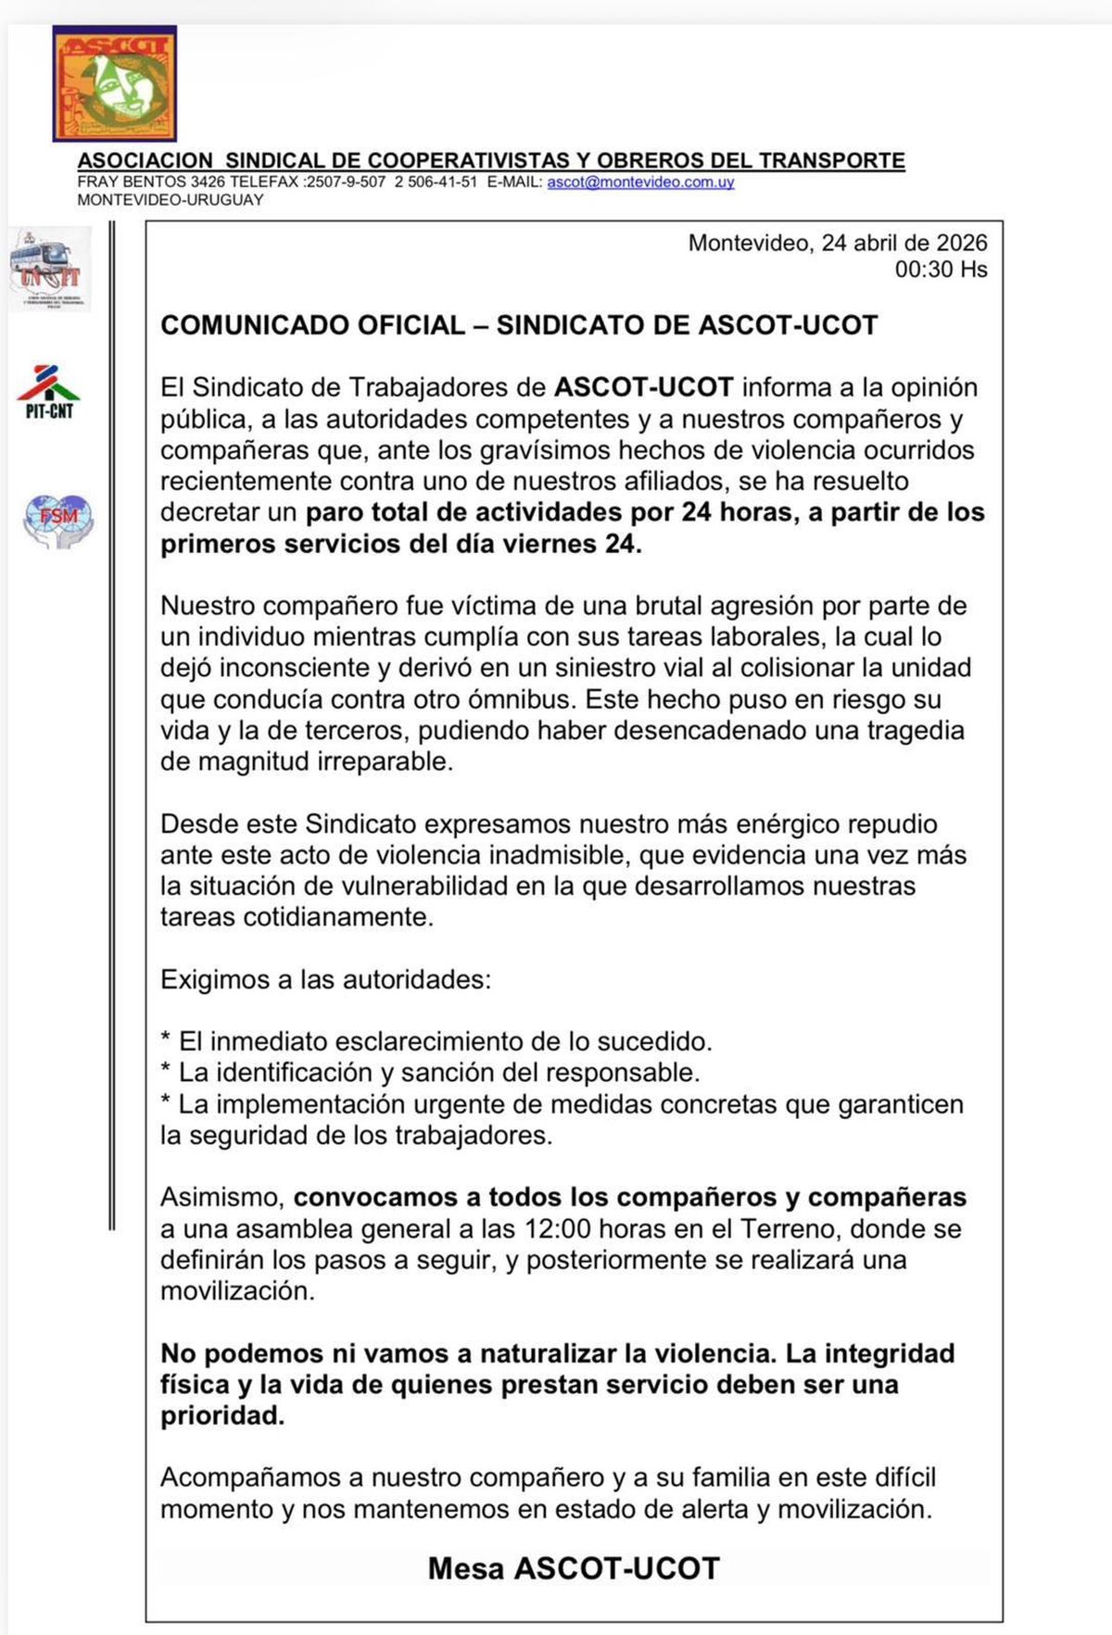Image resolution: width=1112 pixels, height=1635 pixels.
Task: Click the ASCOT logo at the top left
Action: click(x=114, y=83)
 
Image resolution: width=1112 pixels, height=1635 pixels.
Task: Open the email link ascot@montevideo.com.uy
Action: click(x=640, y=182)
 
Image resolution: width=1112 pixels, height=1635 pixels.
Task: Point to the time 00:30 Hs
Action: click(x=941, y=270)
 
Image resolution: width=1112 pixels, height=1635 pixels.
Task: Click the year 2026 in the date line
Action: click(x=962, y=243)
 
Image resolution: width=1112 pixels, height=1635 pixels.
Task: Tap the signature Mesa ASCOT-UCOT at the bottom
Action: click(x=574, y=1568)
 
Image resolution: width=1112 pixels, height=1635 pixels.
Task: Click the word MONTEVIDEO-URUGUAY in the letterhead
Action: click(x=171, y=200)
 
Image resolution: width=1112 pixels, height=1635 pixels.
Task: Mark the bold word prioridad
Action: click(x=221, y=1415)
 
